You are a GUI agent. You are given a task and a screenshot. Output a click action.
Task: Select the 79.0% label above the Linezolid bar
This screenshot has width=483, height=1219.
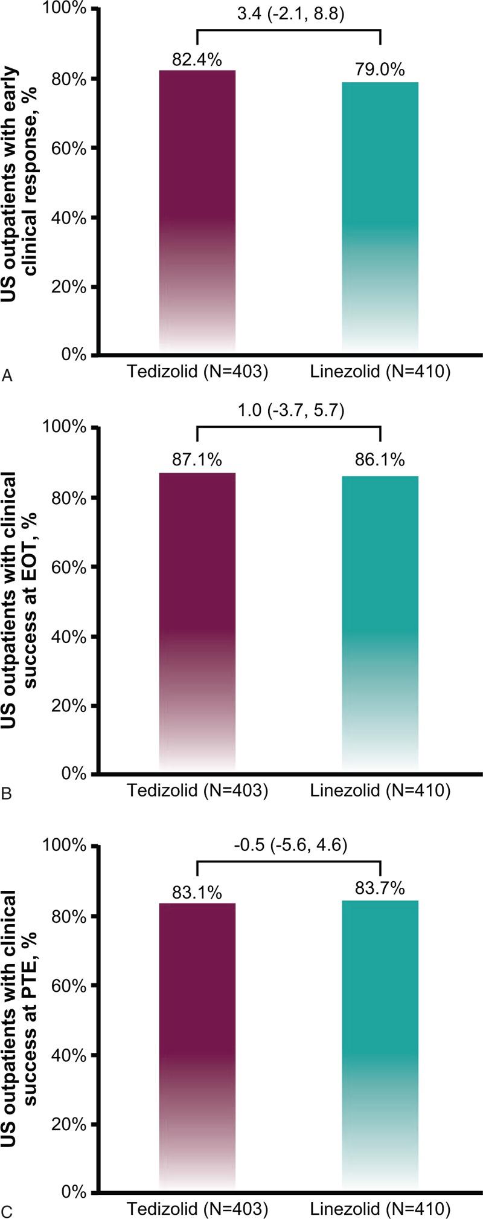click(x=380, y=70)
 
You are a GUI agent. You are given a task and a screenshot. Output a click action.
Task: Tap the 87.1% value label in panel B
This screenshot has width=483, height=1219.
click(x=197, y=461)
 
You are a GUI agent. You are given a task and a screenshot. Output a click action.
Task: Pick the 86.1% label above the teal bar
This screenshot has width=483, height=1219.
click(x=380, y=461)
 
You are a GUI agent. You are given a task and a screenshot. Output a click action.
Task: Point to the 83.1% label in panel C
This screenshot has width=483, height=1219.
click(x=197, y=891)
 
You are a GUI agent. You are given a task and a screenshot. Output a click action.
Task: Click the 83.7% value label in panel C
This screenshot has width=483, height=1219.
click(x=380, y=888)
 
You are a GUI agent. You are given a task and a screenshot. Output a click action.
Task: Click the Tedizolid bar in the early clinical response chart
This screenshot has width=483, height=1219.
click(x=197, y=212)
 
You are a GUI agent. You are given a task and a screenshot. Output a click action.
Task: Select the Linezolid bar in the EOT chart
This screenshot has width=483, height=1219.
click(x=380, y=622)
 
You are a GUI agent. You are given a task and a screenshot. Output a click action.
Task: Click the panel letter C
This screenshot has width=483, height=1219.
click(x=7, y=1209)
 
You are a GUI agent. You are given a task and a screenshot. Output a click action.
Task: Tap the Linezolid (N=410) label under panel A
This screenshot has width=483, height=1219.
click(x=380, y=372)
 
